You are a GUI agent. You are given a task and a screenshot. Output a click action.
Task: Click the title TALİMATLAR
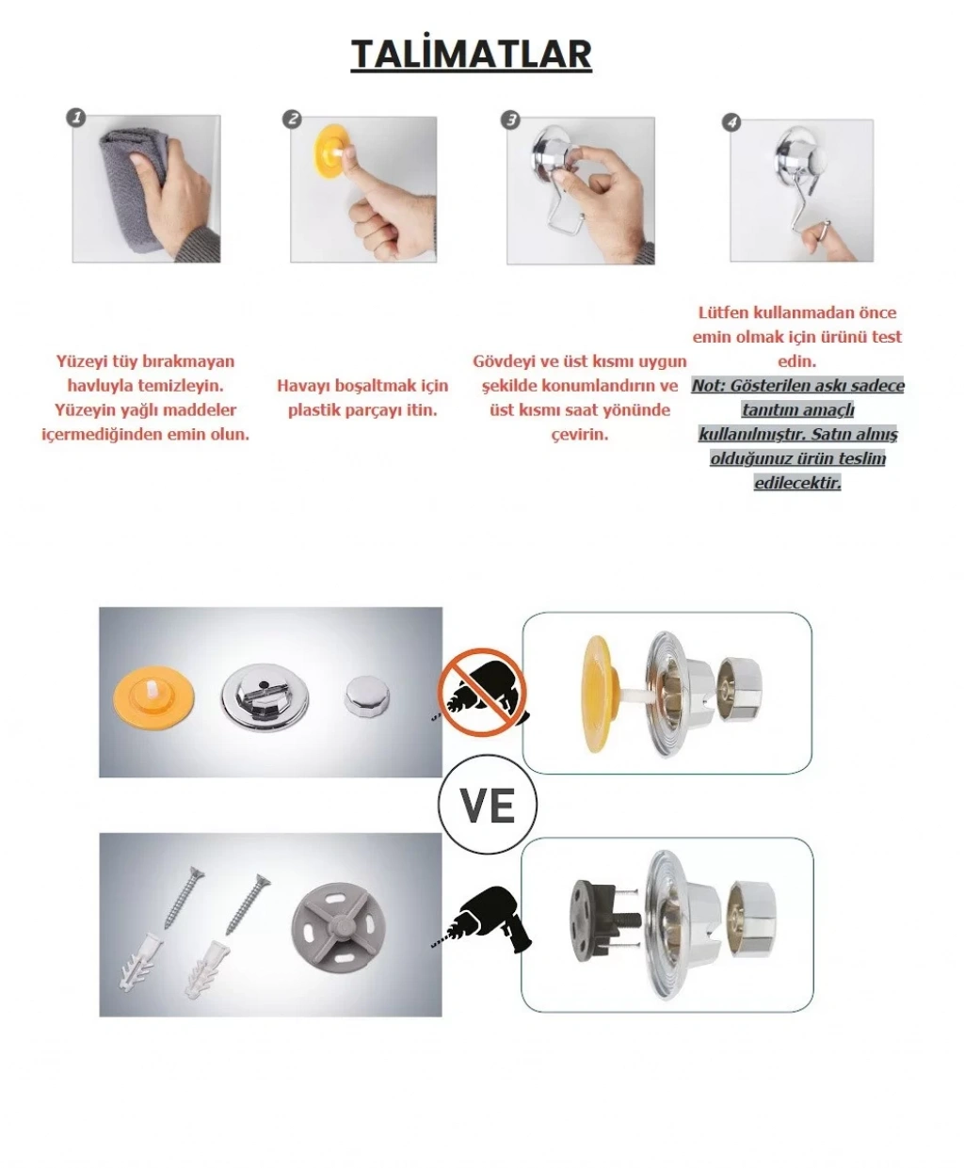click(471, 55)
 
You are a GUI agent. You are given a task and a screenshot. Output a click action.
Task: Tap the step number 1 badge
click(76, 118)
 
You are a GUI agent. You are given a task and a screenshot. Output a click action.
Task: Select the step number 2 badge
click(292, 120)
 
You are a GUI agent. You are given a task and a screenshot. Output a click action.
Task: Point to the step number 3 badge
click(510, 120)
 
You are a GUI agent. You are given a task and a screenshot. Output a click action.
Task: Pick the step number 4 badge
click(731, 122)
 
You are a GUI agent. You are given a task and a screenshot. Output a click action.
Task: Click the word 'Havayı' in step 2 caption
click(302, 386)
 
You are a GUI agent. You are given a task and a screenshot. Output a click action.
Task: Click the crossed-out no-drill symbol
click(482, 693)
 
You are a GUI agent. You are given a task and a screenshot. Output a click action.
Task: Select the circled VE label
click(488, 805)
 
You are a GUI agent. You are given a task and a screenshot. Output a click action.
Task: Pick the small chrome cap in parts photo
click(367, 696)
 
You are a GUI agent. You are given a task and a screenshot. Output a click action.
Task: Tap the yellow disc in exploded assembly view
click(600, 694)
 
